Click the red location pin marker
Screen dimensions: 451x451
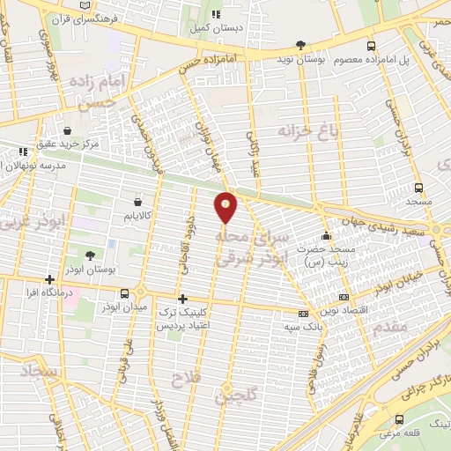(226, 206)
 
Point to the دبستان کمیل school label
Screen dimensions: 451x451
(214, 27)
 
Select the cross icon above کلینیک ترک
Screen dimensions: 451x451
(182, 299)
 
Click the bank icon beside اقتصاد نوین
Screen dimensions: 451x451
(343, 298)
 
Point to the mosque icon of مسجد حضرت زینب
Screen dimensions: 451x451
(326, 236)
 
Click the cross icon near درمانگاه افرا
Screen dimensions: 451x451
(50, 280)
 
